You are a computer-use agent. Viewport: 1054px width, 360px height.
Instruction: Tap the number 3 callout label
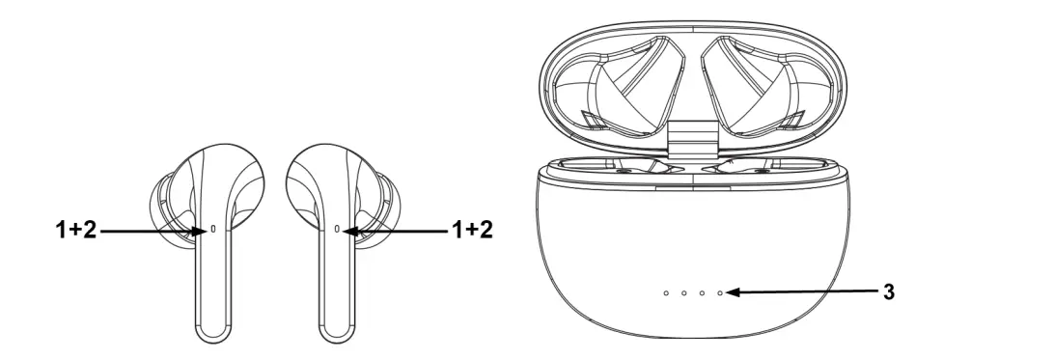(889, 290)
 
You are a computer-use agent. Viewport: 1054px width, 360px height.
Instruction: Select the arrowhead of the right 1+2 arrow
(349, 232)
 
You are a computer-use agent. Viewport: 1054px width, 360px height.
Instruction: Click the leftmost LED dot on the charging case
(666, 291)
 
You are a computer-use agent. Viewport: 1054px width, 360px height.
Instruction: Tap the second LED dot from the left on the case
(684, 291)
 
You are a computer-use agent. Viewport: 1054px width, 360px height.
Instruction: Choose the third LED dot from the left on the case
(703, 291)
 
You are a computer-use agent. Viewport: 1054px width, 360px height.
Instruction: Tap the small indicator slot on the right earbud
(336, 231)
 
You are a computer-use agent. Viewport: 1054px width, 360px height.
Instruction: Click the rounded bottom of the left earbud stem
(214, 333)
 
